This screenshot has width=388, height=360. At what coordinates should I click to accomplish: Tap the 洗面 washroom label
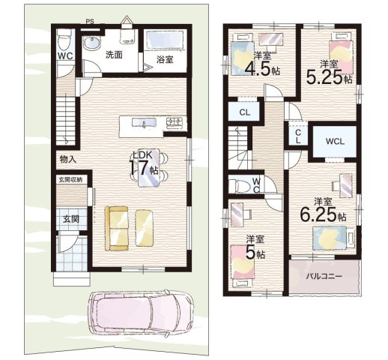point(114,55)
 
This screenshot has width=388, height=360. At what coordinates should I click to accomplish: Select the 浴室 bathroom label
point(165,59)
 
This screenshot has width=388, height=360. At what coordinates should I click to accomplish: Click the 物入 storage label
point(67,159)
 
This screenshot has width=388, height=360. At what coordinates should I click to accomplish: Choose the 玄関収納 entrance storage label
point(72,180)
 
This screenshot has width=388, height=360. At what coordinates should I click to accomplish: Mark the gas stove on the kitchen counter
point(173,121)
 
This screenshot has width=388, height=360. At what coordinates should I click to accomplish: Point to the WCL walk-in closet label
point(335,140)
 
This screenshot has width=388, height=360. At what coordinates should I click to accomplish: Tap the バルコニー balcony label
point(324,276)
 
